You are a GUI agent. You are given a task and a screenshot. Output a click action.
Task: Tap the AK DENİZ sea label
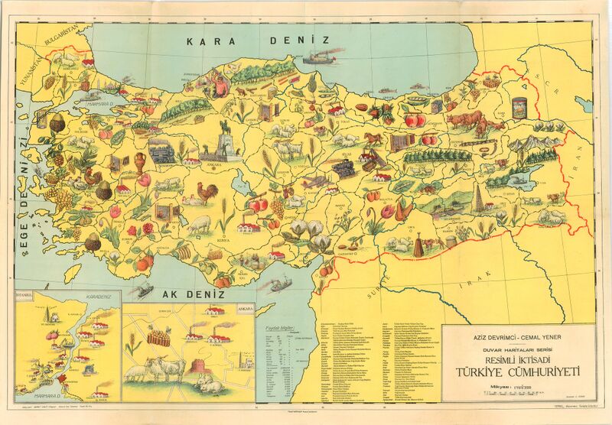tap(190, 294)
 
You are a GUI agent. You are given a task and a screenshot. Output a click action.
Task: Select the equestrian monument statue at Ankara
tap(226, 140)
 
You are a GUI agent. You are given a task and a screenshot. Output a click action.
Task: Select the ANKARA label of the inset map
tap(245, 308)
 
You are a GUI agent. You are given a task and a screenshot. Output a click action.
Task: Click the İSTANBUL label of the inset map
tap(28, 294)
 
